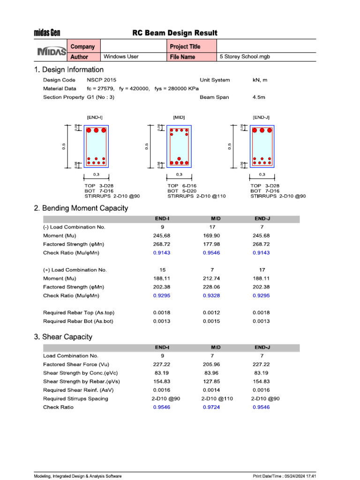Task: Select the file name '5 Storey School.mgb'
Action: tap(245, 57)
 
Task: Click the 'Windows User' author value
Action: tap(121, 57)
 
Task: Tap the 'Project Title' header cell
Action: tap(185, 46)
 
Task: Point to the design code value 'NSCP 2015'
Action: tap(102, 80)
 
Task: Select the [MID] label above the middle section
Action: tap(179, 117)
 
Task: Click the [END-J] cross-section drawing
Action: tap(262, 146)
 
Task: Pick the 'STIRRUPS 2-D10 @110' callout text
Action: tap(196, 196)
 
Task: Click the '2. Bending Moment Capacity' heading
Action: tap(81, 208)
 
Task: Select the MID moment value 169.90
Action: tap(212, 236)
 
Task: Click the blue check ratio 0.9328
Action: tap(212, 296)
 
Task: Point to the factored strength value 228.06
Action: tap(212, 287)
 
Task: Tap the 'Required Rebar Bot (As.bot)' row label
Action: tap(78, 321)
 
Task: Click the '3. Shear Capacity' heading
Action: tap(63, 337)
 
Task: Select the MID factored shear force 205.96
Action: tap(212, 364)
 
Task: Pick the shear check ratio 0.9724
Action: tap(212, 407)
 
